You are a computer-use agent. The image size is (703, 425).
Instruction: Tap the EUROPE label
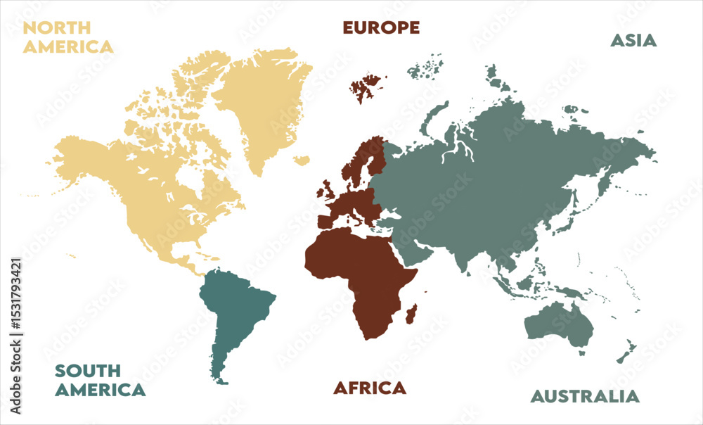[381, 27]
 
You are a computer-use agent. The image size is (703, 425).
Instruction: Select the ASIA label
[633, 40]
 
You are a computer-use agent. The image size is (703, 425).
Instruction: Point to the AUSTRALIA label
[585, 396]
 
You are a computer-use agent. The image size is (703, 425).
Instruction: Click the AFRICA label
[370, 388]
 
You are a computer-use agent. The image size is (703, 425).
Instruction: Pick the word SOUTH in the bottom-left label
[88, 371]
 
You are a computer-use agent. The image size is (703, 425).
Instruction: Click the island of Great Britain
[328, 191]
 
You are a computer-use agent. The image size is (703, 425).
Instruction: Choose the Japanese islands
[560, 211]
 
